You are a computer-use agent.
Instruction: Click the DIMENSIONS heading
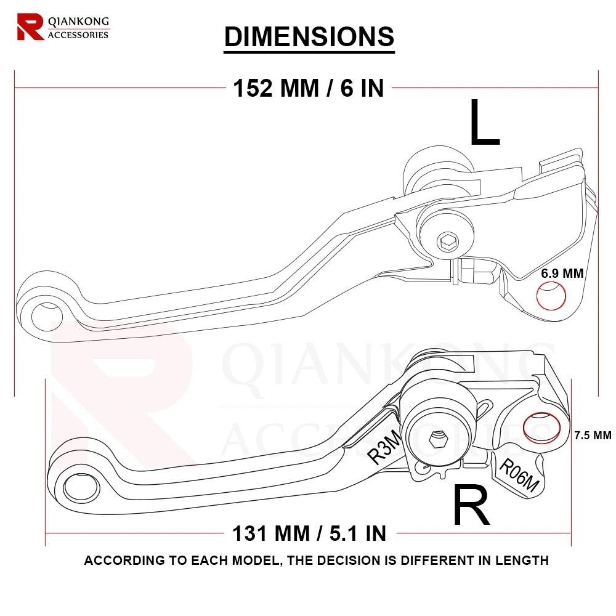tap(309, 36)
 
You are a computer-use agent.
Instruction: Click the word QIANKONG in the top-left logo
tap(78, 21)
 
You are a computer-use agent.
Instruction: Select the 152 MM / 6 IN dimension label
tap(309, 88)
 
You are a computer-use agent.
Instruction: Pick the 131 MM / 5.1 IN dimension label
tap(309, 533)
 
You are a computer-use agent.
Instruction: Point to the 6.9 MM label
tap(562, 274)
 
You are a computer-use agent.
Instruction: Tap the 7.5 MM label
tap(592, 435)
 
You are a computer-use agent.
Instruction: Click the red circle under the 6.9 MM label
tap(551, 296)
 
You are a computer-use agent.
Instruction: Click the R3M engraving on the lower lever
tap(384, 448)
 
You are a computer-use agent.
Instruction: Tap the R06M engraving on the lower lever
tap(519, 476)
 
